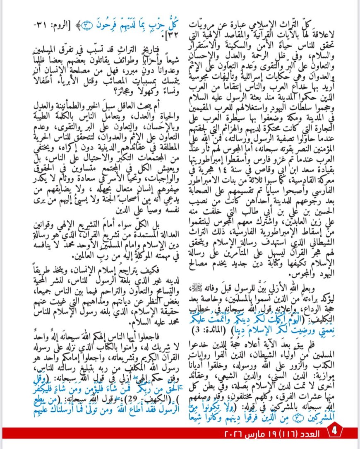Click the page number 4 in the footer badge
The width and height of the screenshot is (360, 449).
click(x=334, y=434)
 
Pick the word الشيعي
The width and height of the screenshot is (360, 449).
click(x=248, y=373)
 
